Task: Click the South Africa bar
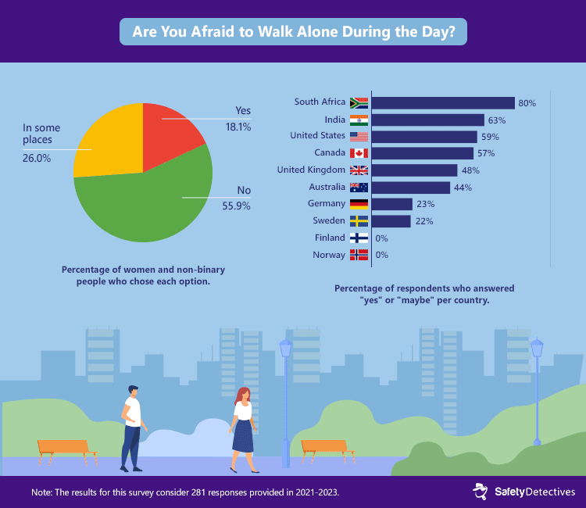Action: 442,102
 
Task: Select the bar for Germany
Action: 391,204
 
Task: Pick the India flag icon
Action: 359,120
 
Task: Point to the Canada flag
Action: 359,153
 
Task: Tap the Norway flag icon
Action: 359,255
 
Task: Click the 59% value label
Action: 490,137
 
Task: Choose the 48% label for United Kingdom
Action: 470,170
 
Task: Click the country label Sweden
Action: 328,220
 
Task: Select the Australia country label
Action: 326,187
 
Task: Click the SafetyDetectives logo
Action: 524,491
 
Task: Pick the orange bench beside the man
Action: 67,449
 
